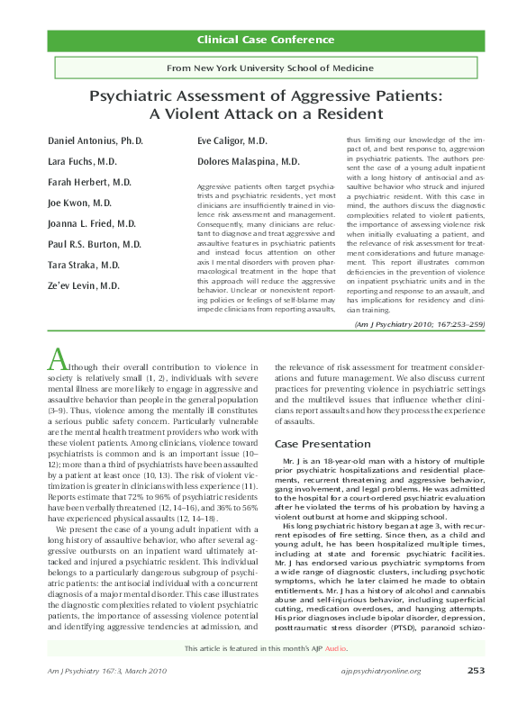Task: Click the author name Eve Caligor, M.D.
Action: pyautogui.click(x=232, y=141)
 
